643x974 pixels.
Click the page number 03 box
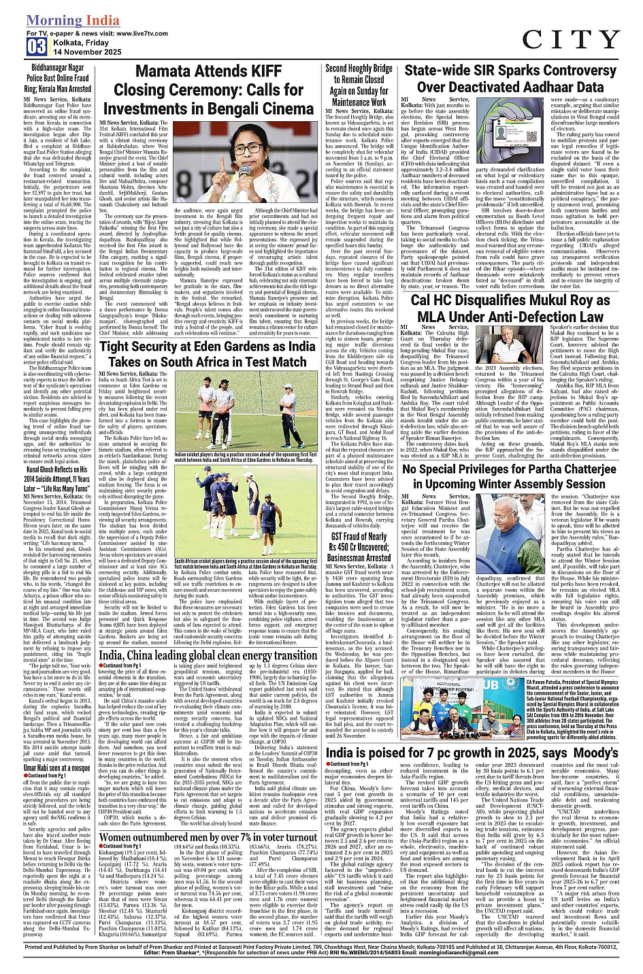tap(37, 46)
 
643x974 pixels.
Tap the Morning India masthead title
tap(73, 20)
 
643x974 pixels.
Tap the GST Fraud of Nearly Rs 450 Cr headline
tap(359, 546)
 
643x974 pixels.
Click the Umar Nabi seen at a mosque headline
tap(57, 767)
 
